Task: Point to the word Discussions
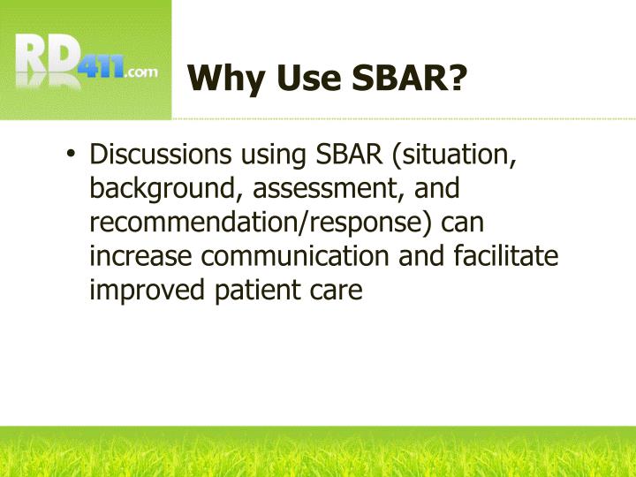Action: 154,155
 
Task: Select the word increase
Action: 141,256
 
